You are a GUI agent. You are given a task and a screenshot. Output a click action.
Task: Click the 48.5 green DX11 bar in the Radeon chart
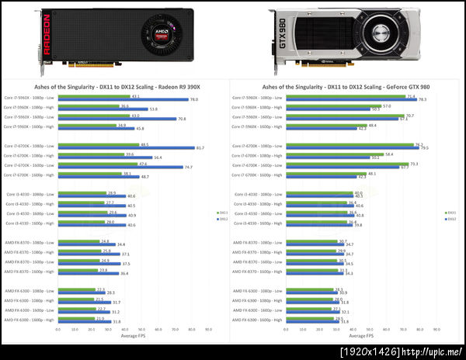98,144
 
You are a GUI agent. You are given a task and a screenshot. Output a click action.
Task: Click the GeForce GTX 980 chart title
346,86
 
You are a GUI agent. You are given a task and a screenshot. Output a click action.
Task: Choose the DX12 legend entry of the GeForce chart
450,219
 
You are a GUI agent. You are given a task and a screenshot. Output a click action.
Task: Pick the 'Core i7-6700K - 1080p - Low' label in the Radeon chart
30,146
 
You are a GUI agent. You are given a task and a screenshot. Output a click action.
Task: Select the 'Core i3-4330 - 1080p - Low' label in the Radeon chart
31,194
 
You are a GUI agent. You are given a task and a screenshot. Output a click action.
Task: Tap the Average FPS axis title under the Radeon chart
133,336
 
